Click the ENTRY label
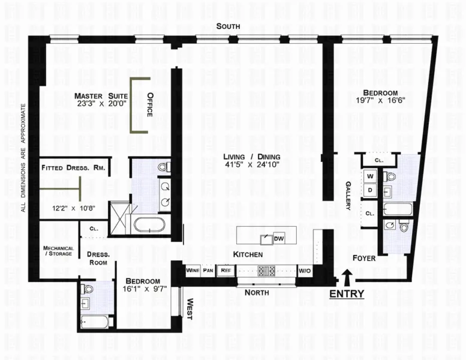point(347,294)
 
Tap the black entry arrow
point(347,277)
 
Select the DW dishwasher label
point(278,239)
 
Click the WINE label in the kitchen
point(193,270)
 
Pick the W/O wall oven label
point(305,270)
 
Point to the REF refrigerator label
point(226,270)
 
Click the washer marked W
point(369,176)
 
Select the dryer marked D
point(369,190)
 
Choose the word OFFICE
point(151,104)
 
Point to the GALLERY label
point(348,196)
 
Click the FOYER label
point(364,258)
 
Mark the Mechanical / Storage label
point(58,251)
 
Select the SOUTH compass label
point(229,26)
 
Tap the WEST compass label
point(190,310)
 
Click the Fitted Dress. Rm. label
point(73,168)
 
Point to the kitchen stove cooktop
point(266,271)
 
